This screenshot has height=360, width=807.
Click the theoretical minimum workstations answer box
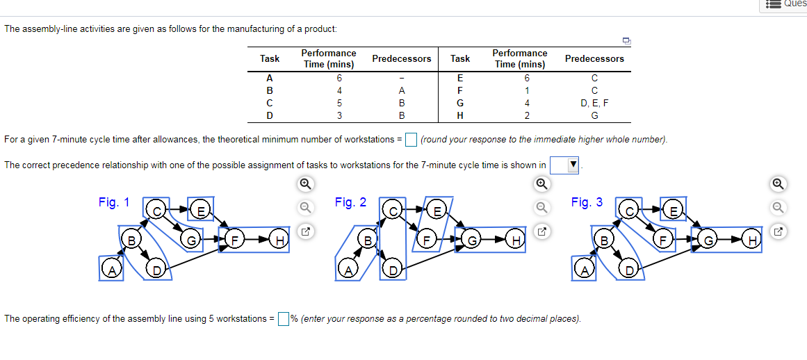(x=411, y=140)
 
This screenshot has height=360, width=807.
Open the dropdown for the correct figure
(x=564, y=165)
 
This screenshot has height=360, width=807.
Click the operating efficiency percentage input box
(x=284, y=319)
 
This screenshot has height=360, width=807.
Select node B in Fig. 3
(x=604, y=240)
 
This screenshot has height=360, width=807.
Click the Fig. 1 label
(x=114, y=202)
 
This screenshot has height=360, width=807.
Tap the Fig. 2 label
(x=350, y=202)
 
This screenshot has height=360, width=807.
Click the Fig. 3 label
(x=587, y=202)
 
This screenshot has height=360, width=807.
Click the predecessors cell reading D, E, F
(x=594, y=102)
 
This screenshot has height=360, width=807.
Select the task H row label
(x=459, y=115)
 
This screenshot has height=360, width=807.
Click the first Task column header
(x=270, y=58)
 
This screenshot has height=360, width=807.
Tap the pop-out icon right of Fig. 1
(x=304, y=231)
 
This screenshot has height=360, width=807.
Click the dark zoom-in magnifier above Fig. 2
(x=541, y=184)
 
